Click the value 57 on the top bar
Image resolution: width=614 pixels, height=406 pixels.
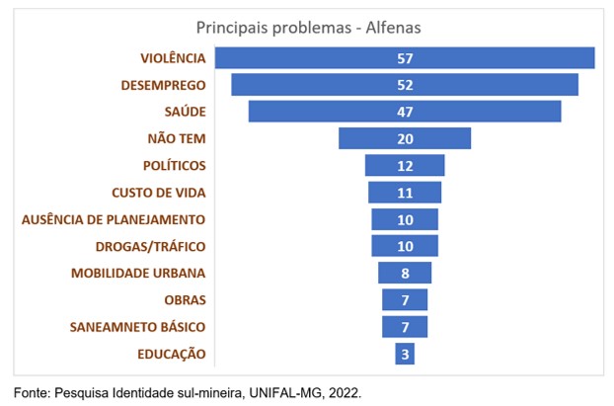tap(405, 58)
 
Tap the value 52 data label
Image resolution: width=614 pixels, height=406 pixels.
tap(405, 85)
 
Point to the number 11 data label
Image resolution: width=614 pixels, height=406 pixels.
tap(405, 192)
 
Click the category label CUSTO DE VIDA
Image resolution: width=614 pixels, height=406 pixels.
tap(158, 192)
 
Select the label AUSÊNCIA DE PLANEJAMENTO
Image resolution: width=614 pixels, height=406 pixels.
tap(114, 218)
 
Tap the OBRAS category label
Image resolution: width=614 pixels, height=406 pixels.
tap(184, 299)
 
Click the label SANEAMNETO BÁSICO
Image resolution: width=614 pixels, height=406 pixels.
tap(138, 326)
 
